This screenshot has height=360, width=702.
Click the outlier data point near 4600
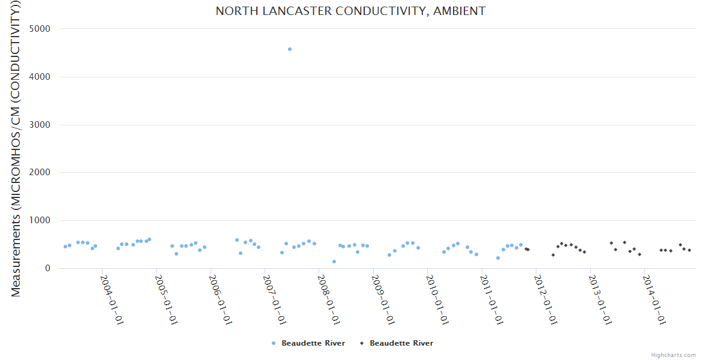tap(290, 49)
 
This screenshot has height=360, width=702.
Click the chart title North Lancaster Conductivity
tap(350, 11)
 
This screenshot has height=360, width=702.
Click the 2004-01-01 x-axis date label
tap(111, 299)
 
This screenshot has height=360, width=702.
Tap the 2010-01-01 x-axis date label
tap(436, 299)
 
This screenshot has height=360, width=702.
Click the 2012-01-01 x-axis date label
tap(545, 299)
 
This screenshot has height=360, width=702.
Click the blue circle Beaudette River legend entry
tap(308, 343)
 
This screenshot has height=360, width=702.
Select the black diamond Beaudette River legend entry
tap(396, 343)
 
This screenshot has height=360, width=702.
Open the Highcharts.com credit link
tap(673, 355)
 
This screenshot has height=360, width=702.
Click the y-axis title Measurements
tap(17, 150)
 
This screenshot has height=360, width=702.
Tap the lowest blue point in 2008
tap(334, 262)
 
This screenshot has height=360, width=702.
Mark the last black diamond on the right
tap(689, 250)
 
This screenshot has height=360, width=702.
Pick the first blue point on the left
tap(65, 247)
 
